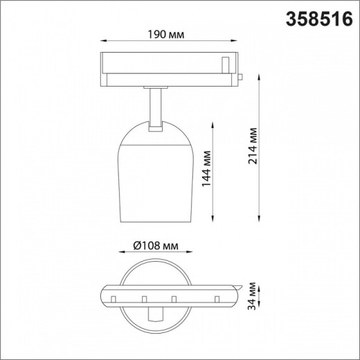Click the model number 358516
click(x=319, y=19)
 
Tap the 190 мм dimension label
click(x=166, y=35)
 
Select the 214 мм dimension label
click(x=253, y=146)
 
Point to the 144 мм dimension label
click(x=206, y=169)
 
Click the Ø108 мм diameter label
click(x=156, y=246)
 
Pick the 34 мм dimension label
click(x=251, y=296)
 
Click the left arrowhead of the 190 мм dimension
click(x=103, y=41)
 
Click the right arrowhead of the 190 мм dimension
click(x=234, y=41)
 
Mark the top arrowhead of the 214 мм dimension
click(x=260, y=78)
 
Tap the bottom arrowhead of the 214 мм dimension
click(x=260, y=219)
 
